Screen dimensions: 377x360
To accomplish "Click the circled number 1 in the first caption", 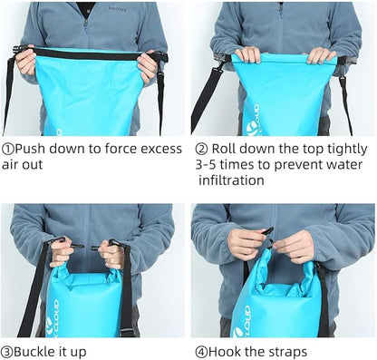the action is point(8,149).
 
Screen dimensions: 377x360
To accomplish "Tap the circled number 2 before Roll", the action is point(201,149).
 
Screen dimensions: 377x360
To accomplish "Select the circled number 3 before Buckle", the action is point(6,352).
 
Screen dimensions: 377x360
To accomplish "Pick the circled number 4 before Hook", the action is point(201,352).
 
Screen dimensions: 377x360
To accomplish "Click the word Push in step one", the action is point(30,149).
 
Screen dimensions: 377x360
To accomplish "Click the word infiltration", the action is point(231,180).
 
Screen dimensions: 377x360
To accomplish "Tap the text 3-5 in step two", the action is point(206,165).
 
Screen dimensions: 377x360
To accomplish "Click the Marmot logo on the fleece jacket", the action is point(118,9).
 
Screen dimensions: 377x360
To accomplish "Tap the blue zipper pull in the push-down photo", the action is point(86,30).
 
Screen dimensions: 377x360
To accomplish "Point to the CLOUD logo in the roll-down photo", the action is point(252,120).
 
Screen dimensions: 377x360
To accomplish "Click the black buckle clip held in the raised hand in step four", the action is point(267,232).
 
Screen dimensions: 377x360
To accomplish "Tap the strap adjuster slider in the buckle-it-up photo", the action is point(127,332).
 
